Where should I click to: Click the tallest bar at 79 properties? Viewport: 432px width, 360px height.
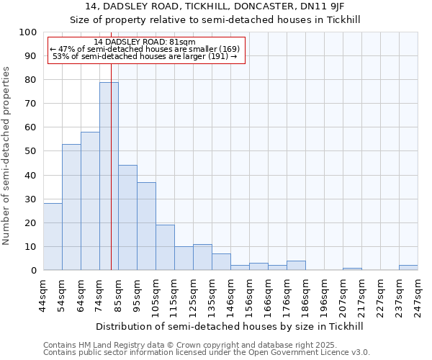click(x=109, y=176)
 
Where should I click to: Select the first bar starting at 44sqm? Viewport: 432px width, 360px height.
click(x=53, y=237)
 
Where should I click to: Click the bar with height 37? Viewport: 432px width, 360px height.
click(x=146, y=226)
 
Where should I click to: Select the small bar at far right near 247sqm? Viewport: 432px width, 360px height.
click(x=408, y=268)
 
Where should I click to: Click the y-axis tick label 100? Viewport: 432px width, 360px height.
click(x=27, y=32)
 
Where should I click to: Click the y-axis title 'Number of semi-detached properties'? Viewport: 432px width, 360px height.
click(x=6, y=156)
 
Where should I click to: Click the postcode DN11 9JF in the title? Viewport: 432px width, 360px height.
click(x=325, y=6)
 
